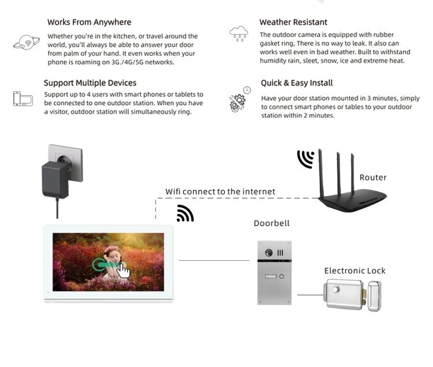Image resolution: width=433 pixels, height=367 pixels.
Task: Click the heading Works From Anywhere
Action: (89, 22)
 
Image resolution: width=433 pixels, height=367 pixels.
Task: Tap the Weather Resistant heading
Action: (293, 22)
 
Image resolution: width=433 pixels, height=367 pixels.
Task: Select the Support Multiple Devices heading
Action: (90, 83)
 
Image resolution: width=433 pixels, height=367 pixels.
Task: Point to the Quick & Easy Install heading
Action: (297, 83)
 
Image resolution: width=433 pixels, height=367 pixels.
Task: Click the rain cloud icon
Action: (238, 33)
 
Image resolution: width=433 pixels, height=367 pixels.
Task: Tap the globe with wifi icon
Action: (27, 42)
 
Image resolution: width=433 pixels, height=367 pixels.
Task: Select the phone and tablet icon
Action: (23, 99)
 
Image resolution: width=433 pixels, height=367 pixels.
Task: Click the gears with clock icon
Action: (240, 99)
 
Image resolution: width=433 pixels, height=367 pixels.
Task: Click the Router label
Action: (373, 177)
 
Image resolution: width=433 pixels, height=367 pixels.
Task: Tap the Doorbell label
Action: (271, 223)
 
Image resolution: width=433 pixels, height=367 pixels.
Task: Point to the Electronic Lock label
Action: (355, 271)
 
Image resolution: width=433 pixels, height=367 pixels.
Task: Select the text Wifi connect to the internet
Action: (220, 192)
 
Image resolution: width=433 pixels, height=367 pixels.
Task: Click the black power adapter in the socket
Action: (56, 179)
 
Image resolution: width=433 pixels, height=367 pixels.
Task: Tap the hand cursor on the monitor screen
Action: (123, 271)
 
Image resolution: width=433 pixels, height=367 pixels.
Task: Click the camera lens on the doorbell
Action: (268, 253)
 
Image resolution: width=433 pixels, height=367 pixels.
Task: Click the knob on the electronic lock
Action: (336, 290)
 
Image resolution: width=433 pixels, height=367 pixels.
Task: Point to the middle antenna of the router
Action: (339, 174)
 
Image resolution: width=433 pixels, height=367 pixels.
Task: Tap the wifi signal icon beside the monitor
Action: (185, 214)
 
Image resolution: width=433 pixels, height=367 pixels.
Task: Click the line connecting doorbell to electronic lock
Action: (311, 295)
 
